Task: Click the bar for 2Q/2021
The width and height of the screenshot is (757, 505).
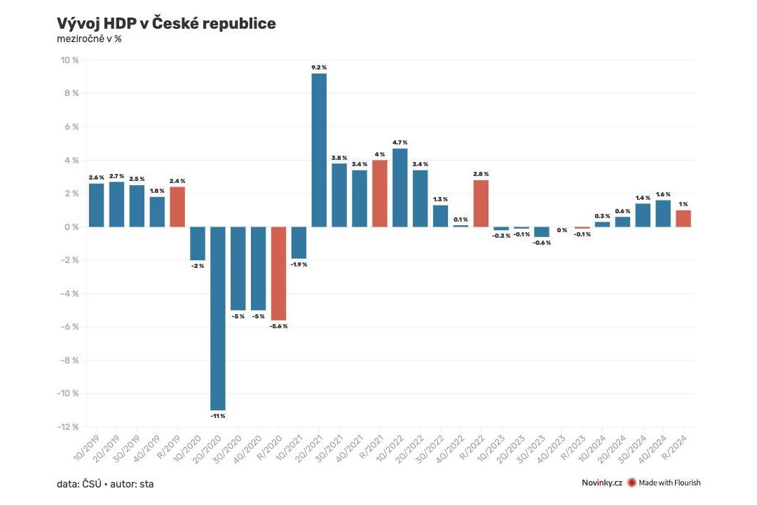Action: click(x=319, y=150)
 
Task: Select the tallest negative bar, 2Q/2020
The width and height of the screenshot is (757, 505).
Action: click(x=218, y=318)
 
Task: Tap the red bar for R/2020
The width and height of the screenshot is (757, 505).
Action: click(x=278, y=274)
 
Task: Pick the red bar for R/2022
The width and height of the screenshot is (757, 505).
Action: click(x=481, y=203)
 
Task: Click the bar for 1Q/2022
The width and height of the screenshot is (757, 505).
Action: click(x=400, y=187)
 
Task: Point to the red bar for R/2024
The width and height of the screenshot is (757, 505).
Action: click(x=683, y=218)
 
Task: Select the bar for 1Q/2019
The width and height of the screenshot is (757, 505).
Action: click(x=96, y=205)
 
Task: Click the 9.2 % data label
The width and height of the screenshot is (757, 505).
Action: click(x=319, y=67)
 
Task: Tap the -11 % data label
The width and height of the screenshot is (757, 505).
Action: click(x=218, y=416)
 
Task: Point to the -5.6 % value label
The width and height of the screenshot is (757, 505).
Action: click(x=278, y=326)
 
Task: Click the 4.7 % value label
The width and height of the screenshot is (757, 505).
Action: click(x=400, y=142)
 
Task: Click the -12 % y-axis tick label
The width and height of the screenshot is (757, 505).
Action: click(x=67, y=426)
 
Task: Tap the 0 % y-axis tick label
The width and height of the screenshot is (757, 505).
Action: click(x=71, y=227)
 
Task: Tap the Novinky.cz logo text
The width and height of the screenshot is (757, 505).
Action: click(x=601, y=483)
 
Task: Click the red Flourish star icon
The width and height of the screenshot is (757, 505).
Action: click(x=632, y=483)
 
